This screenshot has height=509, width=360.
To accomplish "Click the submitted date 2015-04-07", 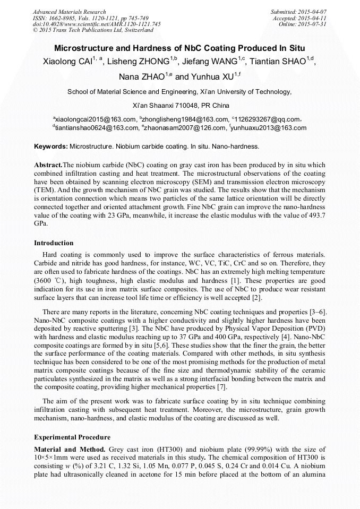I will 312,12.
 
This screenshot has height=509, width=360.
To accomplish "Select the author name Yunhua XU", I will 211,76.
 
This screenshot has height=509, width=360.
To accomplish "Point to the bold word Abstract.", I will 48,165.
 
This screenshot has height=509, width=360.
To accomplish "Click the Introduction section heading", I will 54,243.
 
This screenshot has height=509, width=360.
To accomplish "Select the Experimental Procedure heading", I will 72,437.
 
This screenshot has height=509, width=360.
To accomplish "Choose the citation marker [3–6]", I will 315,312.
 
